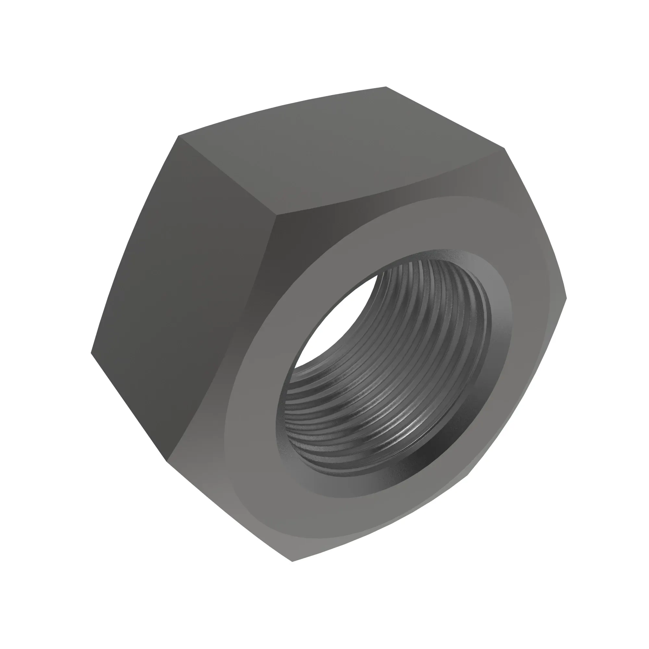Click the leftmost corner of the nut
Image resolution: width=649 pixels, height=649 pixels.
pos(91,353)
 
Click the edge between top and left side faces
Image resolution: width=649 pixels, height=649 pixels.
pos(228,175)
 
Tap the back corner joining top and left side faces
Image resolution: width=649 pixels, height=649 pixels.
pos(178,136)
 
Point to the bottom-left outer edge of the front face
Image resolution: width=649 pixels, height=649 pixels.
pos(228,510)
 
